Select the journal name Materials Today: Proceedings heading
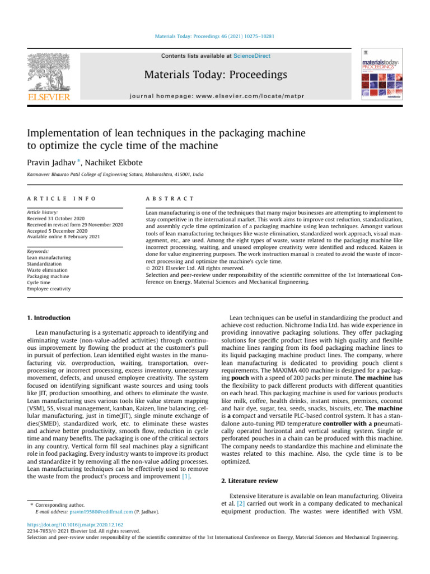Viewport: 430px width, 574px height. pyautogui.click(x=216, y=75)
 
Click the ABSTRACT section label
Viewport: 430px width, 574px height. pyautogui.click(x=170, y=198)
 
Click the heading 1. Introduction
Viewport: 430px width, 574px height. pyautogui.click(x=49, y=318)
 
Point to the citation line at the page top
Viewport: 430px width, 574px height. pyautogui.click(x=215, y=38)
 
